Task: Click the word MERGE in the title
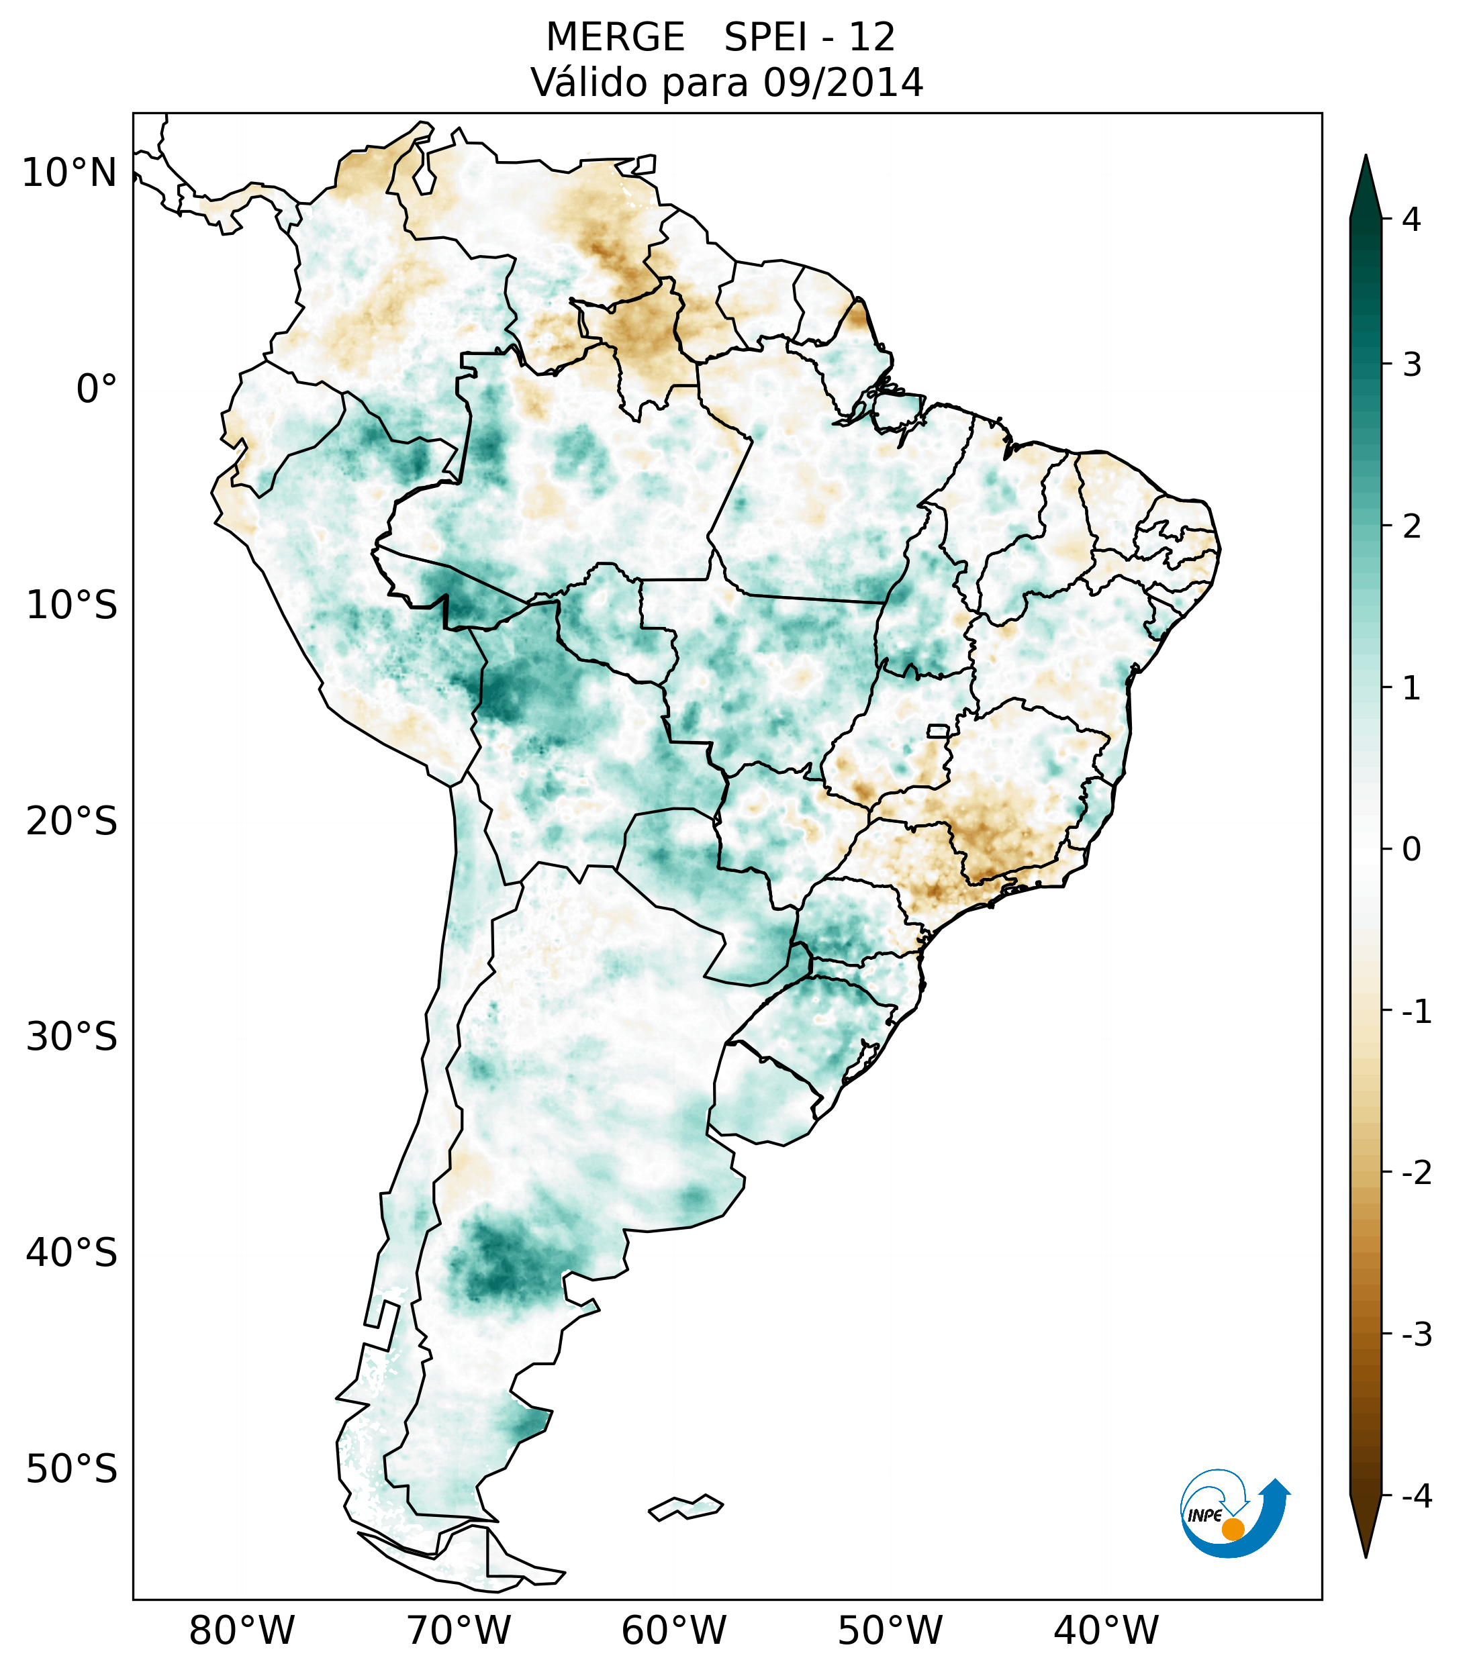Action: [614, 38]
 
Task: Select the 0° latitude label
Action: [97, 389]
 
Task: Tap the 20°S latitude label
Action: [72, 820]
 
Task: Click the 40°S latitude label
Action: [72, 1252]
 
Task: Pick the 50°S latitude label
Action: [72, 1469]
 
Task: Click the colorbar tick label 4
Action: [1411, 219]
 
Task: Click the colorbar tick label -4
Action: [1416, 1496]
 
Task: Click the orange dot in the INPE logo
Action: [1232, 1529]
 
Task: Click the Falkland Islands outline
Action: [686, 1507]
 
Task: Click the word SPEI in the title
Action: [764, 38]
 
